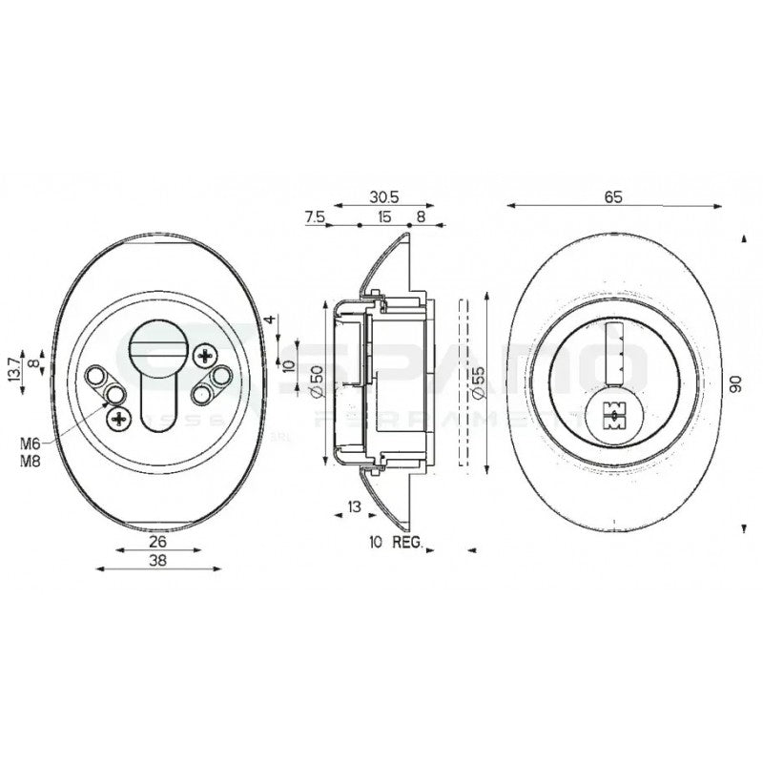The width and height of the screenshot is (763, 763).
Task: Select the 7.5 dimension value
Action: (x=315, y=217)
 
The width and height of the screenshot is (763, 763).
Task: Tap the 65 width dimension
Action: (x=612, y=196)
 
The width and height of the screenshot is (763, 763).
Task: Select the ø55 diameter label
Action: (x=477, y=381)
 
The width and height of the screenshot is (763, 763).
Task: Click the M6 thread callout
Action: (x=29, y=443)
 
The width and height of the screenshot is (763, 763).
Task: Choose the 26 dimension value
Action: (x=157, y=540)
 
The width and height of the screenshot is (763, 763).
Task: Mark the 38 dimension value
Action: (x=157, y=562)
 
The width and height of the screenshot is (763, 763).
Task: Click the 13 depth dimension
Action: (x=354, y=506)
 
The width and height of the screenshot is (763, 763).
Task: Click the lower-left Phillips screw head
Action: (x=119, y=417)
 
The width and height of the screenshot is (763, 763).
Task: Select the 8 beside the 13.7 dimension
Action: (x=32, y=364)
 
